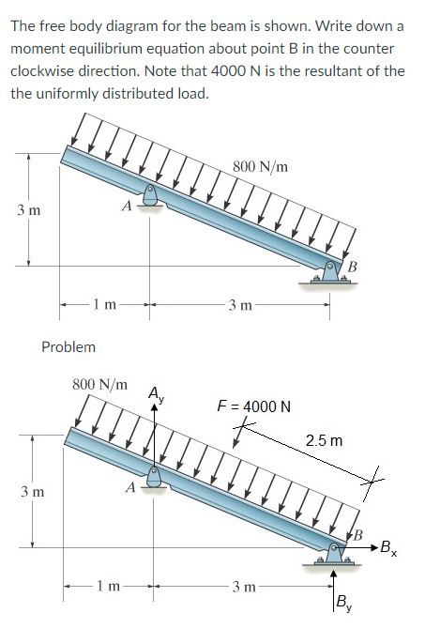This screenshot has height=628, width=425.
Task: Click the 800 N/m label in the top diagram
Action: (x=260, y=167)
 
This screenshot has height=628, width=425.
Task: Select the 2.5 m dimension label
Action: (x=324, y=439)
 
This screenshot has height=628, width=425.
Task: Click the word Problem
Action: (x=68, y=346)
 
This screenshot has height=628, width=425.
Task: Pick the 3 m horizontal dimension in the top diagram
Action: (x=238, y=303)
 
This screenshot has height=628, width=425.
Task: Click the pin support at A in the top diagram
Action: (x=150, y=192)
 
